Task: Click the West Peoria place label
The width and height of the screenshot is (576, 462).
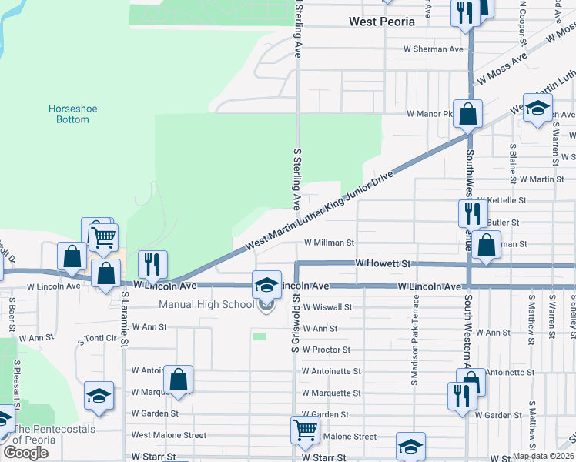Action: (381, 22)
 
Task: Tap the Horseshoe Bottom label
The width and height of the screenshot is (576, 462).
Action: (73, 114)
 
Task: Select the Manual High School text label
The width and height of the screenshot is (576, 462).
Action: (206, 304)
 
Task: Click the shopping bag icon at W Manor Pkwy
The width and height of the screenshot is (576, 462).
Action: (467, 115)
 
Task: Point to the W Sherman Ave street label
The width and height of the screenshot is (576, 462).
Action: (434, 49)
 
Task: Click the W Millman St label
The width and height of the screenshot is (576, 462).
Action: (329, 242)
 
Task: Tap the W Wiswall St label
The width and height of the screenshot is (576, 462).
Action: (327, 306)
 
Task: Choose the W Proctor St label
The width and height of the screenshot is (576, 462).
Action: (326, 350)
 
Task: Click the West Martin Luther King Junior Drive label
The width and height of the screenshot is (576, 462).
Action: (319, 209)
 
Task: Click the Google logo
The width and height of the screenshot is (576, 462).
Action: (25, 452)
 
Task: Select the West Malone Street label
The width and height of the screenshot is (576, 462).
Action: (169, 435)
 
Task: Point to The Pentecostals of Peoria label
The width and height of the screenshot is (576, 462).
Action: (45, 435)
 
